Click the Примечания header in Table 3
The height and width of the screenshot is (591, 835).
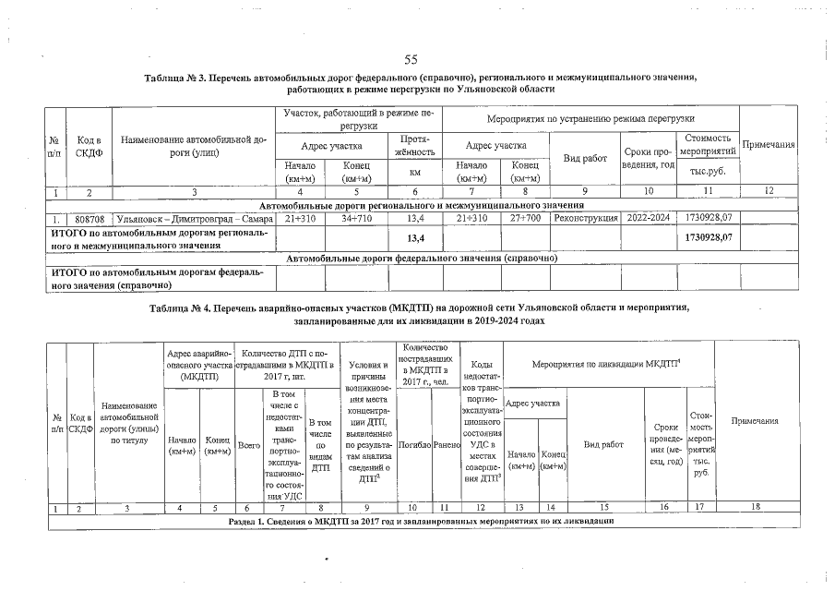pos(769,145)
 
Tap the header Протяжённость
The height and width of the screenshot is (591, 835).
pos(414,145)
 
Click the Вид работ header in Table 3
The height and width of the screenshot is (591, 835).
pos(585,158)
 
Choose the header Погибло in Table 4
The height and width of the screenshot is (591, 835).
pos(412,444)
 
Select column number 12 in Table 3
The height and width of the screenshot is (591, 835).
pos(769,193)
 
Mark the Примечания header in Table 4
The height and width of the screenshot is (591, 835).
pos(754,421)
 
